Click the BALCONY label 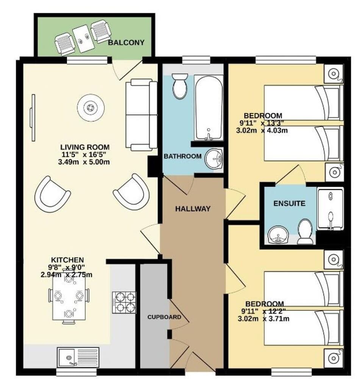[x=126, y=42]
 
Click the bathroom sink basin [x=214, y=159]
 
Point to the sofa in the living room [x=141, y=114]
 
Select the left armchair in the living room [x=52, y=194]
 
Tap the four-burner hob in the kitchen [x=124, y=302]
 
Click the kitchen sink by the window [x=78, y=357]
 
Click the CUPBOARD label [x=164, y=317]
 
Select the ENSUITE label [x=289, y=203]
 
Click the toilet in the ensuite [x=305, y=232]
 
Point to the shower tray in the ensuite [x=330, y=209]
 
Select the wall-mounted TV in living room [x=33, y=117]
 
